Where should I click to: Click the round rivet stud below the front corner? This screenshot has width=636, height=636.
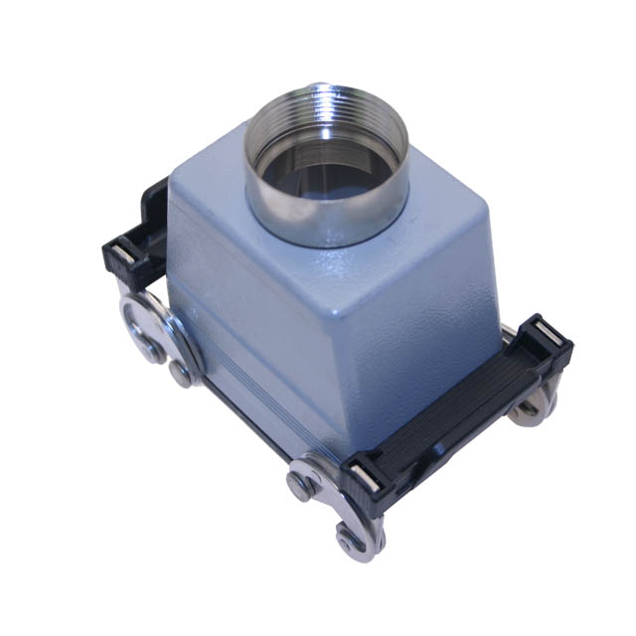pos(304,484)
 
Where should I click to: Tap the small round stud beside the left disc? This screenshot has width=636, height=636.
pos(180,374)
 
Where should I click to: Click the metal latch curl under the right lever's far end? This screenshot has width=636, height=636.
pos(532,402)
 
